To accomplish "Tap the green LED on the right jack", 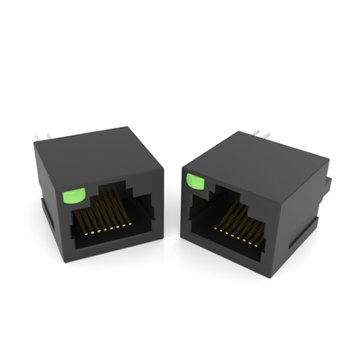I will click(193, 182).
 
